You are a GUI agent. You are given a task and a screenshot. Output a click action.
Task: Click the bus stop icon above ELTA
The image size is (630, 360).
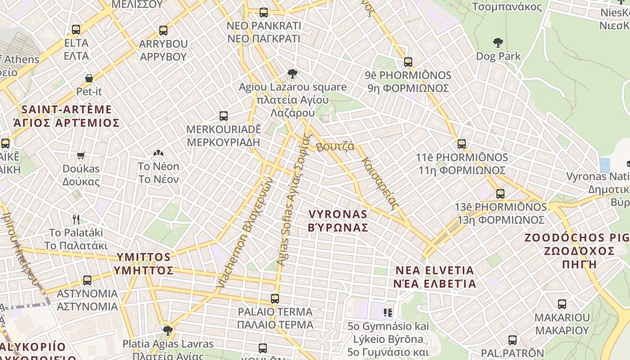[76, 30]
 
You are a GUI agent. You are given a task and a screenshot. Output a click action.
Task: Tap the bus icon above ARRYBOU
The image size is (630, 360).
[163, 31]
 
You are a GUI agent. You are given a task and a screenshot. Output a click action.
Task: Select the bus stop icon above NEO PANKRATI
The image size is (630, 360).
[264, 12]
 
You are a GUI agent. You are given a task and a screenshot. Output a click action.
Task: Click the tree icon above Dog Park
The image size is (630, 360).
[498, 43]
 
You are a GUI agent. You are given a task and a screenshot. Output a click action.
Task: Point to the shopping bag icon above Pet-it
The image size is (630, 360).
[89, 78]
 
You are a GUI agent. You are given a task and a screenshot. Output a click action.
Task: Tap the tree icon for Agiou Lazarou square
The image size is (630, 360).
[292, 73]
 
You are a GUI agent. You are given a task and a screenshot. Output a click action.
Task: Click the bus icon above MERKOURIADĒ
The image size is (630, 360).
[224, 116]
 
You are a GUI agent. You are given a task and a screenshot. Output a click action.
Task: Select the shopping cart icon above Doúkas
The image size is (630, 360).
[81, 155]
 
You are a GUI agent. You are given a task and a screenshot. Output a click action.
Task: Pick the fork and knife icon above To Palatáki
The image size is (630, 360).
[76, 220]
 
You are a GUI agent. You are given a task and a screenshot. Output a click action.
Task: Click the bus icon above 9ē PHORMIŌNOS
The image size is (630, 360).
[408, 62]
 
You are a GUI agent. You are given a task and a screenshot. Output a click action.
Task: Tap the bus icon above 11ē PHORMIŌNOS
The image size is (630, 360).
[462, 144]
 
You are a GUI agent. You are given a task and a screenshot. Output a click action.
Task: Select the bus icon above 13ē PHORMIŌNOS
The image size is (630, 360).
[500, 194]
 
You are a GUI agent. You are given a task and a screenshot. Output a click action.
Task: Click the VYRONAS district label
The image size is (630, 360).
[338, 220]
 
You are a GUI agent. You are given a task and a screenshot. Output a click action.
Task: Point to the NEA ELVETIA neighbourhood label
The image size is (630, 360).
[435, 277]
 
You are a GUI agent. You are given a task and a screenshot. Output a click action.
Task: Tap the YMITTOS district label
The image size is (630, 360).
[144, 263]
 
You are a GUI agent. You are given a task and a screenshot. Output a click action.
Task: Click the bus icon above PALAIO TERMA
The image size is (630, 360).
[275, 298]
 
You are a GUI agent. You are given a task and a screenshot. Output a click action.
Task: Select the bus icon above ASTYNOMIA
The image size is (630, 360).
[87, 280]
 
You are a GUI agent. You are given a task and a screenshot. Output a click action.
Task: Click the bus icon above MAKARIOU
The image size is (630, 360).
[562, 304]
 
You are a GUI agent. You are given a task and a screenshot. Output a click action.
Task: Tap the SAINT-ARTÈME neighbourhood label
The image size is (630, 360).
[67, 116]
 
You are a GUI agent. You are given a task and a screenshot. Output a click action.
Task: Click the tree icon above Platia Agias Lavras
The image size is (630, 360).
[168, 331]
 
